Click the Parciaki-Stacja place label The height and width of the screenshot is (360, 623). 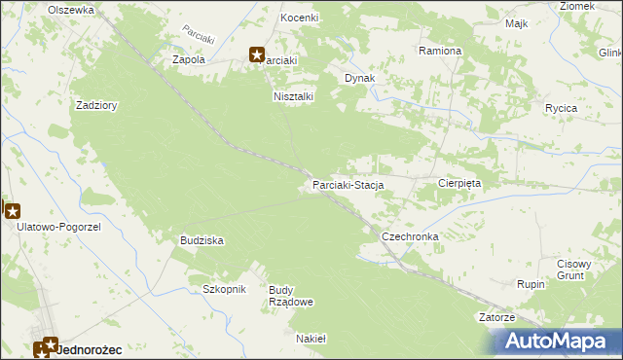pyautogui.click(x=348, y=184)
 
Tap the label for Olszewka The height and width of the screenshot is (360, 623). pyautogui.click(x=72, y=9)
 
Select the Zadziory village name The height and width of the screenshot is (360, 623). pyautogui.click(x=96, y=107)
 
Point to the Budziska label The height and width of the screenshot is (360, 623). pyautogui.click(x=202, y=239)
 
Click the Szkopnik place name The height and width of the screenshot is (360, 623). pyautogui.click(x=225, y=289)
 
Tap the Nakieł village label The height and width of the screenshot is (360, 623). pyautogui.click(x=311, y=339)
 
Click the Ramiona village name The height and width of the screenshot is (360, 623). pyautogui.click(x=440, y=50)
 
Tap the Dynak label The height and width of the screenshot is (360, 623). pyautogui.click(x=360, y=78)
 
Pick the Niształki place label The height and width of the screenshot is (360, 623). pyautogui.click(x=292, y=96)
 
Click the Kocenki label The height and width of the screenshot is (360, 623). pyautogui.click(x=300, y=18)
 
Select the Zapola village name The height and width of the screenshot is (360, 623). pyautogui.click(x=189, y=59)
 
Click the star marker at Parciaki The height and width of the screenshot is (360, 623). pyautogui.click(x=257, y=55)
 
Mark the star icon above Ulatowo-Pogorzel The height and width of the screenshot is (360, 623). pyautogui.click(x=12, y=209)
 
